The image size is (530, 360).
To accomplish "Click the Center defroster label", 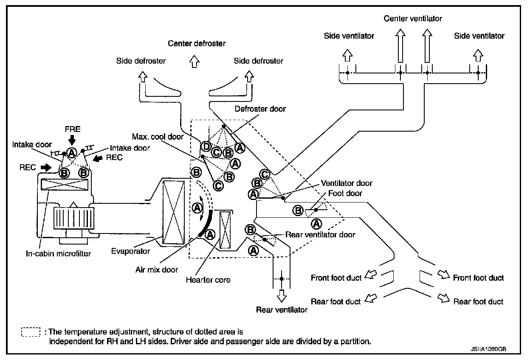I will [x=197, y=43].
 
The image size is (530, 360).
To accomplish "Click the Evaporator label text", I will [x=130, y=251].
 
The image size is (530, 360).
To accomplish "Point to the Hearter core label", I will [x=208, y=280].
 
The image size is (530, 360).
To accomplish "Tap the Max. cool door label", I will [x=158, y=137].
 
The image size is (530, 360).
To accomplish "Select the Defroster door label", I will [x=260, y=109].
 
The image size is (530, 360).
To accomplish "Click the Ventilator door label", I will [x=347, y=183].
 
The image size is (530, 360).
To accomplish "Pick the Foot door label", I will [x=345, y=193].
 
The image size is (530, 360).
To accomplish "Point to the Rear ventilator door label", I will [x=320, y=234].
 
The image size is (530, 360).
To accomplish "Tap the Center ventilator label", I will [x=413, y=19].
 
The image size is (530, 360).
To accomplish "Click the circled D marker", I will [x=206, y=147].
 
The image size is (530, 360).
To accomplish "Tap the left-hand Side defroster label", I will [x=141, y=61].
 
